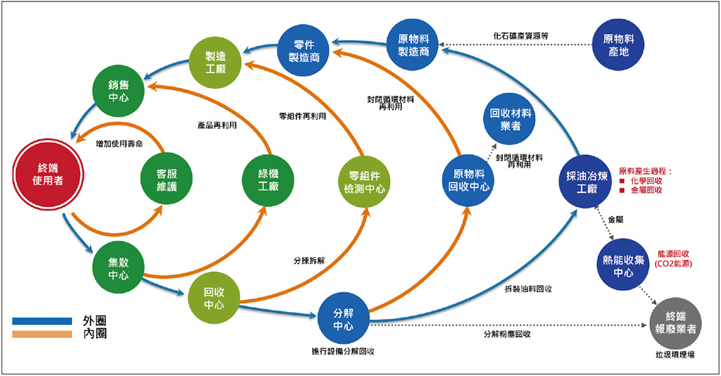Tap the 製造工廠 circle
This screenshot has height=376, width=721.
[216, 61]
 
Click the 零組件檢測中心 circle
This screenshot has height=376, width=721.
[363, 182]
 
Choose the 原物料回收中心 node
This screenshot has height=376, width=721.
[468, 180]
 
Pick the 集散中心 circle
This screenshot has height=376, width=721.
[118, 268]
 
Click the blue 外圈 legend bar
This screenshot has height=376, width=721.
[42, 320]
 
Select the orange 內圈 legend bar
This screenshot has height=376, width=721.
[42, 333]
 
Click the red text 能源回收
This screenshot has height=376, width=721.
[673, 253]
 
